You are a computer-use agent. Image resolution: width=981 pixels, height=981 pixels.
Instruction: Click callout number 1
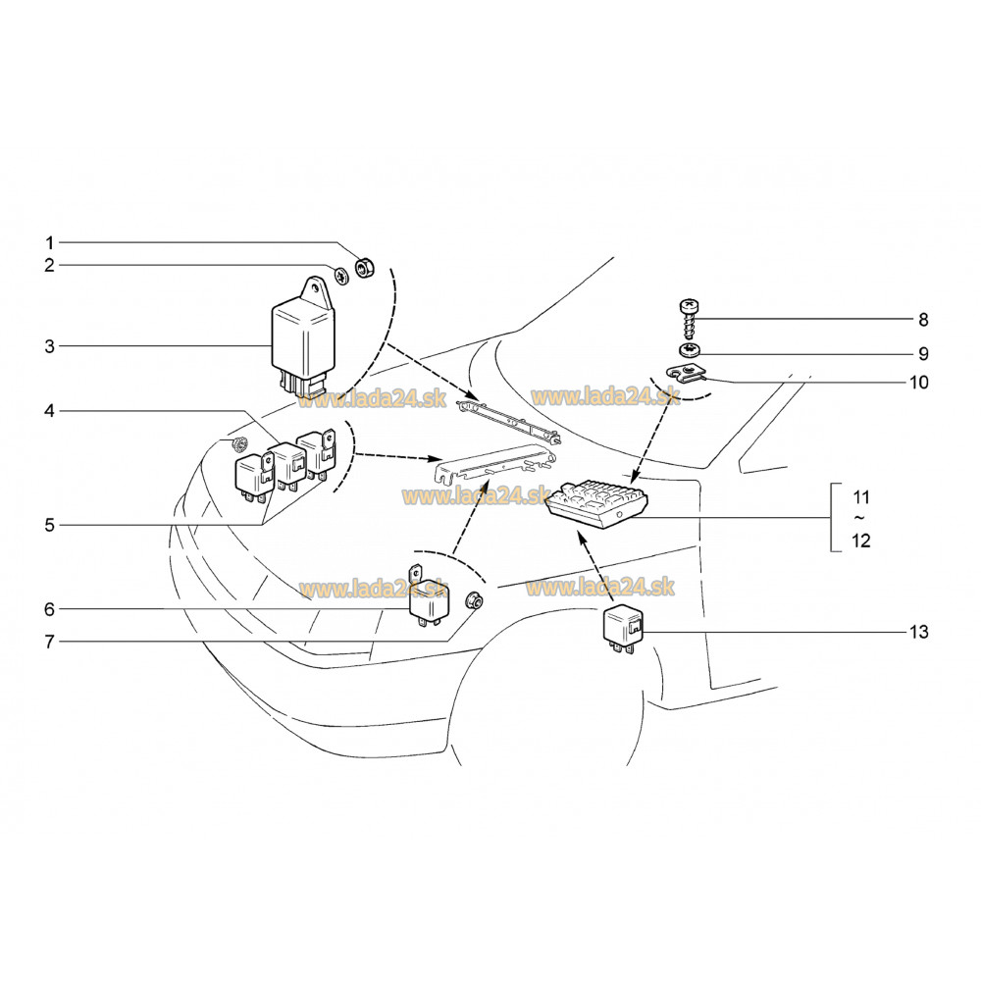49,242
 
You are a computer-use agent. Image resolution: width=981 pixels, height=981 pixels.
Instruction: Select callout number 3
49,346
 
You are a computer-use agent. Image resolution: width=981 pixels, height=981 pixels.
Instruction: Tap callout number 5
49,526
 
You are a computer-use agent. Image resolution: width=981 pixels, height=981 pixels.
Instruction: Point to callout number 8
923,320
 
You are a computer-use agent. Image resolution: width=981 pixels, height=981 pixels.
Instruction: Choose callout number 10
919,383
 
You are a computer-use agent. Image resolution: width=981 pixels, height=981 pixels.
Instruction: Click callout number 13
919,632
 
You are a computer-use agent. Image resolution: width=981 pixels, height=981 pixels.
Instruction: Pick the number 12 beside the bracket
861,541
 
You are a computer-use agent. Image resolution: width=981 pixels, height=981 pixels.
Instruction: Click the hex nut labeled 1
365,268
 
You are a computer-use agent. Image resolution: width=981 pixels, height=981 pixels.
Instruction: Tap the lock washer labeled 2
341,275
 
